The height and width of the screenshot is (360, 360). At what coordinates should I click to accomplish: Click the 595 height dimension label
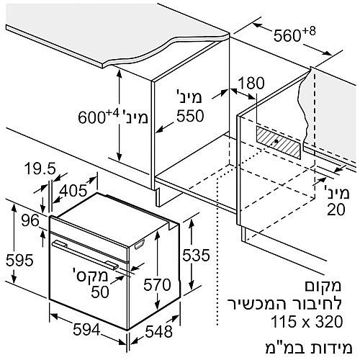coord(19,260)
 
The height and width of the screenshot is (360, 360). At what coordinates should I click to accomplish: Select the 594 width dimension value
coord(86,330)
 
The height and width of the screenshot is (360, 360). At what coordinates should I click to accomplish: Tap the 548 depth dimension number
coord(159,332)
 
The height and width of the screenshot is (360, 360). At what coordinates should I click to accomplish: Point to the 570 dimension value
coord(157,285)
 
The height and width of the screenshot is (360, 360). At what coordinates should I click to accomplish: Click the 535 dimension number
coord(196,255)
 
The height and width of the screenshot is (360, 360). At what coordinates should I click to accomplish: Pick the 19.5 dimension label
coord(40,168)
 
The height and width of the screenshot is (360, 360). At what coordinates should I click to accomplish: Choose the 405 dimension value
coord(73,191)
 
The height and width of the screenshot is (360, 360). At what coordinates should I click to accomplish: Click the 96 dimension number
coord(30,220)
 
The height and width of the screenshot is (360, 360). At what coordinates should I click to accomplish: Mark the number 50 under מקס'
coord(100,292)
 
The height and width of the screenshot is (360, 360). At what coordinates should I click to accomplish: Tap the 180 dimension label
coord(251,83)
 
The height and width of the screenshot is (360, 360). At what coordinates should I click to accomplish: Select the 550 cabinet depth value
coord(190,116)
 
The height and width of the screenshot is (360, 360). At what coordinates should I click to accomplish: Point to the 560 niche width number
coord(287,36)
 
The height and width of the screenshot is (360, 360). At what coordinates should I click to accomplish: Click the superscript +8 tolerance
coord(309,32)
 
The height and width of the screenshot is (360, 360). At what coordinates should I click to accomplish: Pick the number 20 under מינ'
coord(336,210)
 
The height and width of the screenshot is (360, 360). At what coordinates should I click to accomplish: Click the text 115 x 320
coord(307,322)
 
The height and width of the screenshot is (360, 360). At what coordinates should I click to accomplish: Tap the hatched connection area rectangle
coord(279,143)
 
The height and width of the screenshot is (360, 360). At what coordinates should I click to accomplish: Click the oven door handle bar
coord(85,254)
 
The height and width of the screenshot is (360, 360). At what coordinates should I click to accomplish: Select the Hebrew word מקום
coord(323,287)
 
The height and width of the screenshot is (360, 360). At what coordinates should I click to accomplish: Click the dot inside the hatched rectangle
coord(276,142)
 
